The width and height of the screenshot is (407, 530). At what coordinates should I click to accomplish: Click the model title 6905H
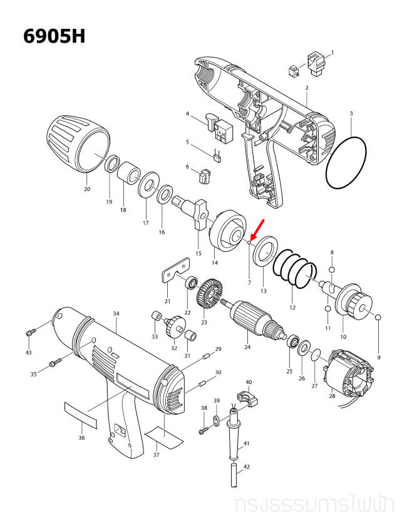(54, 36)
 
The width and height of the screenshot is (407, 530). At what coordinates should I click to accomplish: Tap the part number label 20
(86, 189)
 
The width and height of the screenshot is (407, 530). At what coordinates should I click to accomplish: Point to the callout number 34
(116, 313)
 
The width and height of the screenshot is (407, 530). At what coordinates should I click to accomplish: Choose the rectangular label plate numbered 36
(81, 414)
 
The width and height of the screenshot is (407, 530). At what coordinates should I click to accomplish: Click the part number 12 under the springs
(292, 308)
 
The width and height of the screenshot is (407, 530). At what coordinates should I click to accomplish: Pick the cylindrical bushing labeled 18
(130, 174)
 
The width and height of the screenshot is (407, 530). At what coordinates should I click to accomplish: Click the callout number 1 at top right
(332, 52)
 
